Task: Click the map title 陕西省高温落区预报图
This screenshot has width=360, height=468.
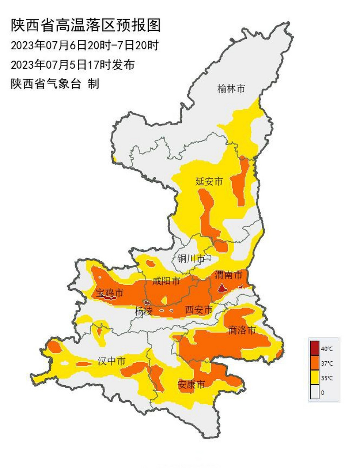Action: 86,26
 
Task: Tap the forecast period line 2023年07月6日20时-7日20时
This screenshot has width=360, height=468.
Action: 85,46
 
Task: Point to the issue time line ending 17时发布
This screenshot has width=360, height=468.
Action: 73,65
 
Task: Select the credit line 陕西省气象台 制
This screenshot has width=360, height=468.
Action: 55,84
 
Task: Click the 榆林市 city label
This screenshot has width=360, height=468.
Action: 231,88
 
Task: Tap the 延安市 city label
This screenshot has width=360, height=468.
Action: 209,181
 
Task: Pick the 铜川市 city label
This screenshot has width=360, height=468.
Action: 191,259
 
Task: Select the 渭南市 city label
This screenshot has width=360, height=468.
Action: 228,275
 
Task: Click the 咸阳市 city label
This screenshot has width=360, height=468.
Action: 166,281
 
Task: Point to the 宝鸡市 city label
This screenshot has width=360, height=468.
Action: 110,293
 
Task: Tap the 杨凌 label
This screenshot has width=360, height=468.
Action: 143,312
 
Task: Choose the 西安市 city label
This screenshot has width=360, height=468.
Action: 198,310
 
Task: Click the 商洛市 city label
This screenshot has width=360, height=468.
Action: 241,331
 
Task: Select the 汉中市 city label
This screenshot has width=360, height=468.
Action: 111,361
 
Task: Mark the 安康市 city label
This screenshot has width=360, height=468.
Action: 191,384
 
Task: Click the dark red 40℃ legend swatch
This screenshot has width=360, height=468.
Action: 314,348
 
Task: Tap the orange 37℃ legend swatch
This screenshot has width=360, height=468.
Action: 314,363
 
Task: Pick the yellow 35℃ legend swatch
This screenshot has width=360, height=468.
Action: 314,378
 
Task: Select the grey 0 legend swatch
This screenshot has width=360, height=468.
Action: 314,392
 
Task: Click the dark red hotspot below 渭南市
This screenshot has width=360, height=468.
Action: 222,289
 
